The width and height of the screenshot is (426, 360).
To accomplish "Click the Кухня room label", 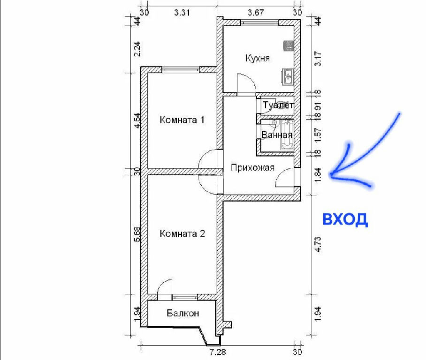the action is (258, 59).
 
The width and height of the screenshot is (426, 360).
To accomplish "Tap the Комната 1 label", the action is (182, 120).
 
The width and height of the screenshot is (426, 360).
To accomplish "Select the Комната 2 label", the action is (183, 233).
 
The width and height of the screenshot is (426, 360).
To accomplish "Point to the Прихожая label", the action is (253, 168).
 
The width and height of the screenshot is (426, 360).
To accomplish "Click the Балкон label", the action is (183, 313).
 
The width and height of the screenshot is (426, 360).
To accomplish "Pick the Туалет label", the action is (278, 105).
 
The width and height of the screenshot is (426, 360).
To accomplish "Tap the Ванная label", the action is (277, 135).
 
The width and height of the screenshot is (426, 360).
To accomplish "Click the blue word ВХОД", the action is (345, 219).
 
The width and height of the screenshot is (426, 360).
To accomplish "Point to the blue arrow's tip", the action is (331, 174).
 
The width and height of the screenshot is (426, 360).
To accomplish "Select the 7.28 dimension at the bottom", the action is (218, 352).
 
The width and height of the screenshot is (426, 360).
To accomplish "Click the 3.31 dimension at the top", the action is (182, 13).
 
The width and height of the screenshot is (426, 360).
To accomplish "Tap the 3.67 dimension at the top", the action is (256, 13).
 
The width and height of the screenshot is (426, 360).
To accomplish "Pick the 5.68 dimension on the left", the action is (137, 234).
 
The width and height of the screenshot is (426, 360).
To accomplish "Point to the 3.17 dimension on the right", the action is (318, 59).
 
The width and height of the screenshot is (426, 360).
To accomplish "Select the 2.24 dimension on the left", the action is (137, 49).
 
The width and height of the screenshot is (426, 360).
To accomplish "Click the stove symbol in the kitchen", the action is (289, 45).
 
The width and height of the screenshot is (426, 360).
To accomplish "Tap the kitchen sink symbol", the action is (288, 76).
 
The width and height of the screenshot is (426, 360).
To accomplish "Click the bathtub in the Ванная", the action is (287, 135).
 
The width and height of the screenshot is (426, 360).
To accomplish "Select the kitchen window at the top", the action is (259, 22).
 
